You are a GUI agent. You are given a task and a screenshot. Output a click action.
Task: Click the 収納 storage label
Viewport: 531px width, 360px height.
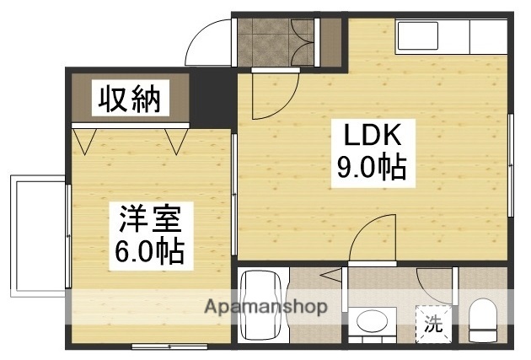pyautogui.click(x=131, y=99)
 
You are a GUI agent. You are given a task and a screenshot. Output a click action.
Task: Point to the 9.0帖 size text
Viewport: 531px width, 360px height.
pyautogui.click(x=371, y=169)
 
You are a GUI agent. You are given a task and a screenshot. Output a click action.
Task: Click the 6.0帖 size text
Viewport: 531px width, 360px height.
pyautogui.click(x=147, y=251)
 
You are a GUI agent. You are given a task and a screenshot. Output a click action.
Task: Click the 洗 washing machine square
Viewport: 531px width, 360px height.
pyautogui.click(x=432, y=323)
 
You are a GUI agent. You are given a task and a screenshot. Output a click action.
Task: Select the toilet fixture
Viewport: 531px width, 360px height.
pyautogui.click(x=483, y=321)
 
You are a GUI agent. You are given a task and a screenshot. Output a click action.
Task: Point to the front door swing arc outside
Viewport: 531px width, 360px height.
pyautogui.click(x=207, y=41)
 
